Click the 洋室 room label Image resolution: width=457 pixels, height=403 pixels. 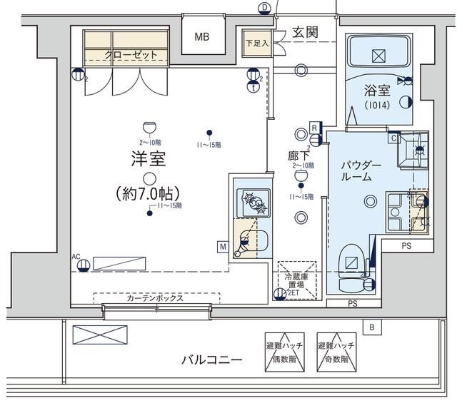click(149, 158)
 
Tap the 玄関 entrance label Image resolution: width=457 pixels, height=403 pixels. click(305, 32)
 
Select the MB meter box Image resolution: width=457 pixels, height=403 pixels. click(204, 37)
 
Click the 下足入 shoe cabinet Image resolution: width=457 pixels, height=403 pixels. click(254, 43)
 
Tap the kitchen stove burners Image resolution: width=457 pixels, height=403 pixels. click(253, 202)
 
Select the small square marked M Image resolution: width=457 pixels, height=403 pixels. click(223, 247)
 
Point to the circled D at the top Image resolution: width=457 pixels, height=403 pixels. click(264, 7)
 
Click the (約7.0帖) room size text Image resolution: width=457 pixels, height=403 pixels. click(148, 193)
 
